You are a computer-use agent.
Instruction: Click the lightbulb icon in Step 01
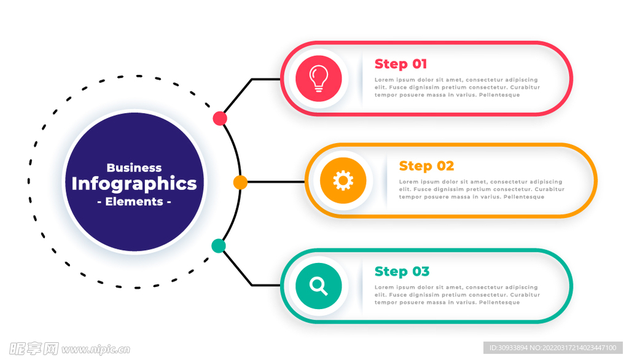tap(319, 78)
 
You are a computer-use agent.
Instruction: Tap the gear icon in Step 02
tap(343, 180)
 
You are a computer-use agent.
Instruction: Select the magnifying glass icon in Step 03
tap(319, 286)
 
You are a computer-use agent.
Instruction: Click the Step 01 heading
tap(400, 64)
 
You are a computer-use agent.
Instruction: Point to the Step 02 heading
tap(426, 166)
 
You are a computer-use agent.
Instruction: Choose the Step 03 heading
tap(402, 272)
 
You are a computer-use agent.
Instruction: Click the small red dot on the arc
tap(220, 119)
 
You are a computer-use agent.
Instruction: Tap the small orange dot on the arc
tap(240, 182)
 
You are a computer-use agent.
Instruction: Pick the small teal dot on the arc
tap(218, 246)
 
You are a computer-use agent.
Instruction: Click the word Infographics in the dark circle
tap(134, 184)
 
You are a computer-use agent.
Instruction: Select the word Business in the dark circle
tap(134, 167)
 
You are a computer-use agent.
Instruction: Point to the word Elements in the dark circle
tap(134, 202)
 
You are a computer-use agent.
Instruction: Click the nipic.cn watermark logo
tap(69, 349)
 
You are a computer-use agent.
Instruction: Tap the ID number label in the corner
tap(553, 348)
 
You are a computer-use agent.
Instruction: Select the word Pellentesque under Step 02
tap(524, 197)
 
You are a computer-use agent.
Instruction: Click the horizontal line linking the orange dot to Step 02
tap(276, 182)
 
